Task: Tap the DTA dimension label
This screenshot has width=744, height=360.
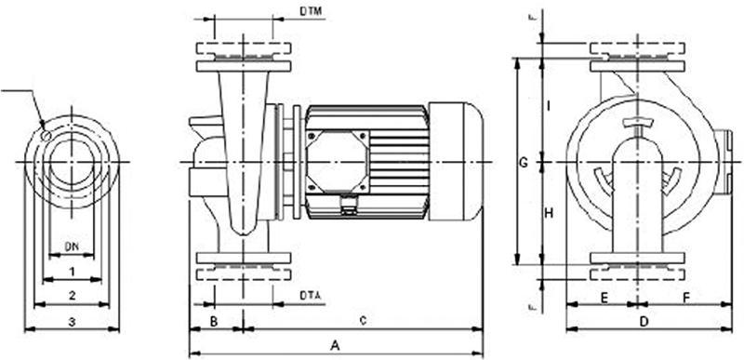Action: [x=312, y=296]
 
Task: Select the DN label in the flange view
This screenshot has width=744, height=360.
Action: [x=72, y=247]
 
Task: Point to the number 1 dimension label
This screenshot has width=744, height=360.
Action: [x=72, y=271]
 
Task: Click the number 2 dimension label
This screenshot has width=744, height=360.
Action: [x=72, y=295]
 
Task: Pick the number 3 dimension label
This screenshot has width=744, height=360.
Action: [x=72, y=321]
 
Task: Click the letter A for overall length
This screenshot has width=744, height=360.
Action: [x=335, y=345]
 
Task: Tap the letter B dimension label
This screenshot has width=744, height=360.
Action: [x=213, y=321]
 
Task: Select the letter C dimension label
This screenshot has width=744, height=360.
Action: [x=363, y=321]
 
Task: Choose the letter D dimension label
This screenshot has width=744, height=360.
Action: [x=643, y=321]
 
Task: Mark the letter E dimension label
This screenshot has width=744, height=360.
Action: [x=604, y=297]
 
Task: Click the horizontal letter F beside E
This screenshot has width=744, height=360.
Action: [x=685, y=297]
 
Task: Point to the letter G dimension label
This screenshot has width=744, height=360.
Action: [x=524, y=163]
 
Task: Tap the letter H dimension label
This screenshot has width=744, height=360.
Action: [x=550, y=213]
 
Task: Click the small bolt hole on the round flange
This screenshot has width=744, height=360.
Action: [x=46, y=134]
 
